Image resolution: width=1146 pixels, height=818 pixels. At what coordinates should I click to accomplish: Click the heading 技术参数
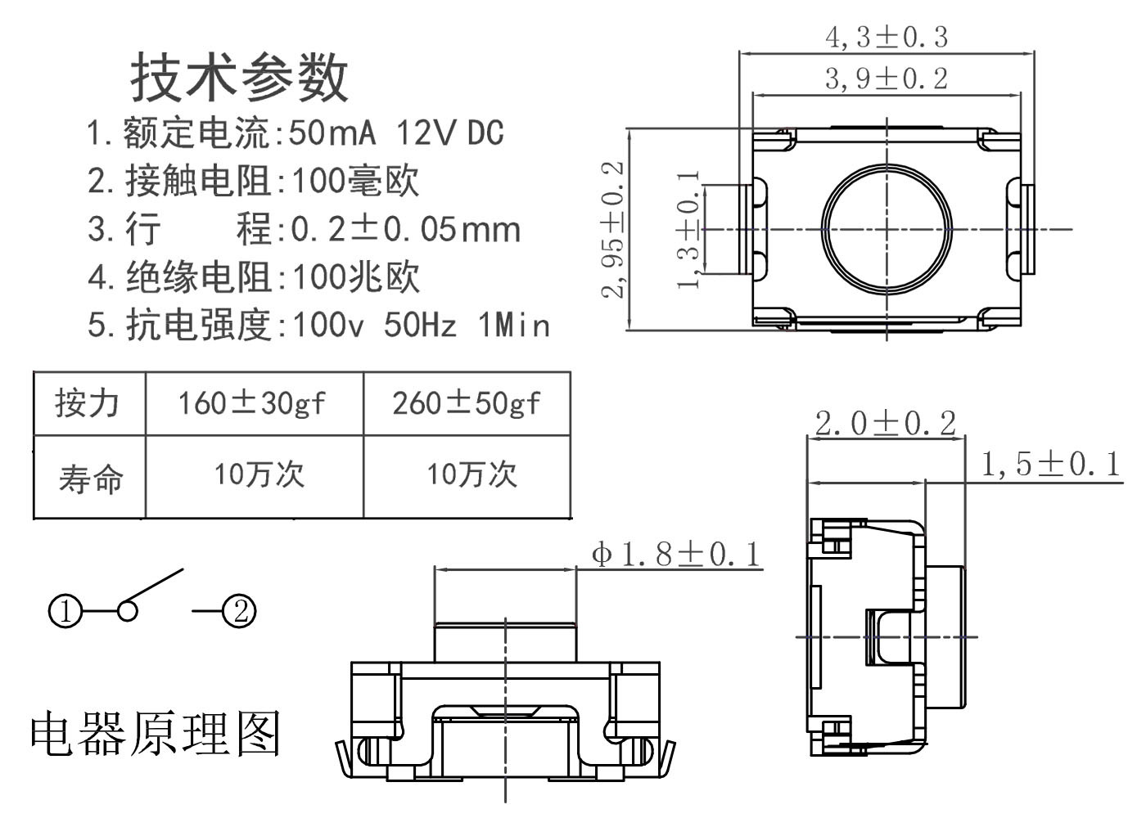(239, 77)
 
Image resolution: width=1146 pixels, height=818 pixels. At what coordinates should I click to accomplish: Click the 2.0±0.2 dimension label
(886, 424)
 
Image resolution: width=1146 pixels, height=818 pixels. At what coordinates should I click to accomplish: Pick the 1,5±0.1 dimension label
(1050, 465)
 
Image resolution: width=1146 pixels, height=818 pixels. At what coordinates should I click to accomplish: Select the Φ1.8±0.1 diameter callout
(676, 555)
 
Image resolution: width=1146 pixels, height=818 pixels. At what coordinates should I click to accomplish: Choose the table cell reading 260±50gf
(466, 403)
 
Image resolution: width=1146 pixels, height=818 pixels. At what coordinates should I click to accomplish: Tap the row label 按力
(88, 403)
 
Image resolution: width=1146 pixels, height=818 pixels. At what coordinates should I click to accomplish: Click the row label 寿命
(90, 478)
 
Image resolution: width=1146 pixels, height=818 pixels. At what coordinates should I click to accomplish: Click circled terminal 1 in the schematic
(65, 611)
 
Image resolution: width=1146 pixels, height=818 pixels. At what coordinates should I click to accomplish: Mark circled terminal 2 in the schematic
(240, 610)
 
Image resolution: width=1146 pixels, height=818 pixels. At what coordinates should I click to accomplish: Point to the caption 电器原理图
(156, 732)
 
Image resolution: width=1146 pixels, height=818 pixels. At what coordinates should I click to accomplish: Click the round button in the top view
(887, 228)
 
